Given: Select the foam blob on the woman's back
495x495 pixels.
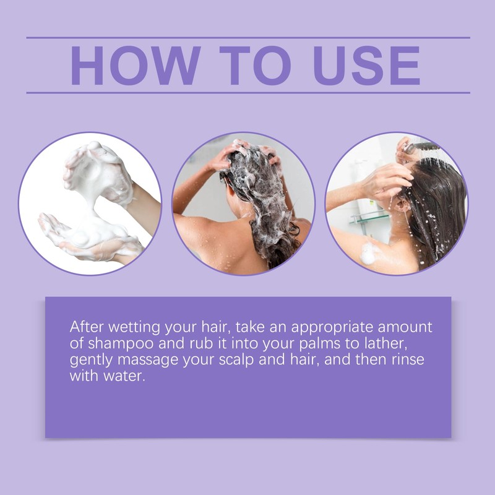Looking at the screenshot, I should tap(369, 252).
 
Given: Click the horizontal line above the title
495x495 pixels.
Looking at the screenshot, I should tap(247, 38).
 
